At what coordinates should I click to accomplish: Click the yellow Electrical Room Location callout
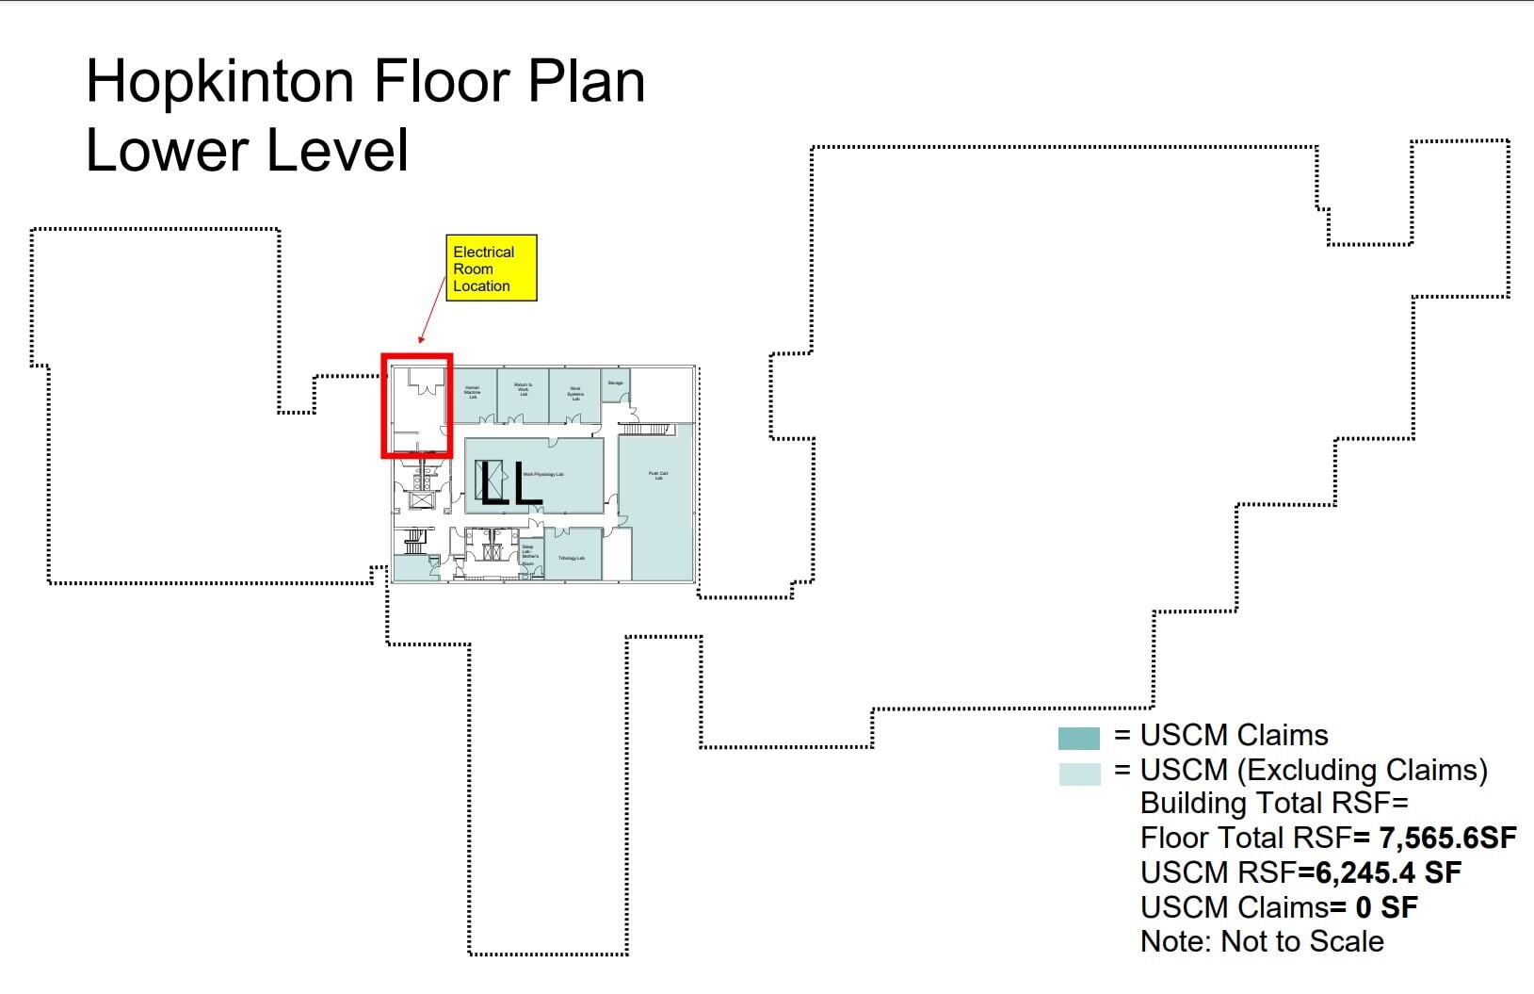click(x=491, y=269)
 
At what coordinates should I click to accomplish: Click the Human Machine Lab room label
click(x=473, y=392)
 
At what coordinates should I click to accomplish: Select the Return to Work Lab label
click(x=524, y=389)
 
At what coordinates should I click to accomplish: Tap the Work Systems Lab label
click(x=575, y=393)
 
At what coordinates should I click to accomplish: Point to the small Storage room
click(x=616, y=383)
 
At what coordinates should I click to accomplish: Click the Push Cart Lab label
click(x=658, y=476)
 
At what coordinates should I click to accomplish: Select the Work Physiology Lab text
click(x=544, y=474)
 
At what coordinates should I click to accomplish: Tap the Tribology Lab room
click(x=572, y=558)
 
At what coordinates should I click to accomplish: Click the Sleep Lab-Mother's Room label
click(x=529, y=555)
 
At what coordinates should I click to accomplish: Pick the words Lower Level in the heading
click(x=247, y=151)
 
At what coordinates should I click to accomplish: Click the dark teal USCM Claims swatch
click(x=1078, y=738)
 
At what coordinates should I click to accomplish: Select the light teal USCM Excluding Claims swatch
click(x=1078, y=774)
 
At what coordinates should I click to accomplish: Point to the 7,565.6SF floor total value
click(x=1447, y=838)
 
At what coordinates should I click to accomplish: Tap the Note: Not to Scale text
click(x=1261, y=941)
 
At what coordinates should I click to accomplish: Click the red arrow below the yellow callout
click(x=432, y=310)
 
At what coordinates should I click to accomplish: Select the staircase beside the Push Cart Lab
click(x=646, y=430)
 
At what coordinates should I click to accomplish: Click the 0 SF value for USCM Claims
click(x=1386, y=907)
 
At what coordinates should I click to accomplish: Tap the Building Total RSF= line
click(x=1273, y=804)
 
